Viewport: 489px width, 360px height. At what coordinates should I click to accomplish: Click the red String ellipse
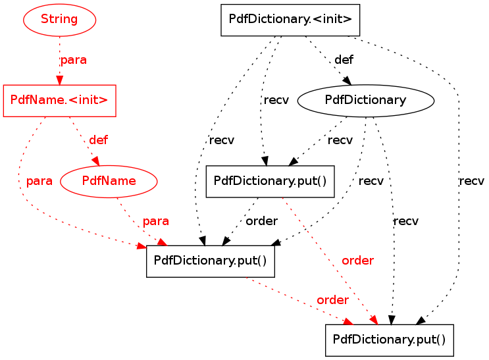coord(59,20)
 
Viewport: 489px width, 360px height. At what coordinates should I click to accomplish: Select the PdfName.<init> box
coord(60,101)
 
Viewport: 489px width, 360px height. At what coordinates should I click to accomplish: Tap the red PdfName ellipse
coord(109,181)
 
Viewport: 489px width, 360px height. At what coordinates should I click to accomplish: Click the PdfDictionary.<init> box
coord(290,20)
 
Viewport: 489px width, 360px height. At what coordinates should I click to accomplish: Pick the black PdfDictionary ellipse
coord(366,101)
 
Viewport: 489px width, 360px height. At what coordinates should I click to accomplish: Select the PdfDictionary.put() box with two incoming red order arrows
coord(390,340)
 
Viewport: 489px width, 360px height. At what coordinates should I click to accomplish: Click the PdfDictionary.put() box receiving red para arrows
coord(211,261)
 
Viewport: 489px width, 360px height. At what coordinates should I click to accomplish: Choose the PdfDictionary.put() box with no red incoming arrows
coord(270,182)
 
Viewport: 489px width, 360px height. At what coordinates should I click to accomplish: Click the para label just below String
coord(74,60)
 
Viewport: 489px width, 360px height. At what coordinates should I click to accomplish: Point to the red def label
coord(98,140)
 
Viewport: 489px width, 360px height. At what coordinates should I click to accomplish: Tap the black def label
coord(344,59)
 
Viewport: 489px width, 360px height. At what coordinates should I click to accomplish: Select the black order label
coord(262,221)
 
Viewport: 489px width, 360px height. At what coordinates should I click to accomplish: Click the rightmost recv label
coord(471,181)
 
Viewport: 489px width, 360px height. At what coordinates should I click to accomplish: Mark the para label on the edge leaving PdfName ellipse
coord(155,221)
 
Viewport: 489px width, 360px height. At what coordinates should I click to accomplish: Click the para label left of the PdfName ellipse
coord(39,181)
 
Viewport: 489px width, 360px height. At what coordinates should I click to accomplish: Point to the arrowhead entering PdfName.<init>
coord(59,80)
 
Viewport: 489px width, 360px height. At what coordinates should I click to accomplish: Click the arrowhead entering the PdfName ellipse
coord(95,161)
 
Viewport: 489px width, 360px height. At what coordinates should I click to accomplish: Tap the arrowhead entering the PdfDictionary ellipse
coord(347,80)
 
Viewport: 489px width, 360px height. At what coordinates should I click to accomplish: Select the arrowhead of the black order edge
coord(226,241)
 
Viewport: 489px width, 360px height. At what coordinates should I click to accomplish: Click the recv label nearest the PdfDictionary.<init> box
coord(276,100)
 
